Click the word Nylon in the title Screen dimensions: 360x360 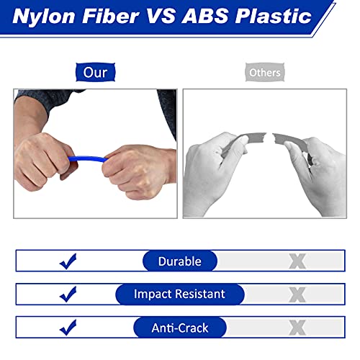pyautogui.click(x=44, y=17)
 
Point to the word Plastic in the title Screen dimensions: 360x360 pyautogui.click(x=273, y=16)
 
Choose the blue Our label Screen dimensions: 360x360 pyautogui.click(x=95, y=72)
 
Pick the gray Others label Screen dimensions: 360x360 pyautogui.click(x=265, y=72)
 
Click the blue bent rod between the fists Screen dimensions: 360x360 pyautogui.click(x=88, y=159)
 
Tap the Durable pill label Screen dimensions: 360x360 pyautogui.click(x=180, y=261)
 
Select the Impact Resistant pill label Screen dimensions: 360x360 pyautogui.click(x=180, y=294)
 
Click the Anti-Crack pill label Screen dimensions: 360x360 pyautogui.click(x=180, y=328)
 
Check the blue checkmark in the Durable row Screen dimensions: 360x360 pyautogui.click(x=68, y=261)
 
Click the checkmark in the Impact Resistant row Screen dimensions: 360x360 pyautogui.click(x=68, y=294)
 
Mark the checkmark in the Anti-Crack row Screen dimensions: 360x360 pyautogui.click(x=68, y=328)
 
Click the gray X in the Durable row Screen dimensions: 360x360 pyautogui.click(x=297, y=261)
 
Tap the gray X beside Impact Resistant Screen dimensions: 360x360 pyautogui.click(x=297, y=294)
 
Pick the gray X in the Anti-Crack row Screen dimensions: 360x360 pyautogui.click(x=297, y=328)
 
